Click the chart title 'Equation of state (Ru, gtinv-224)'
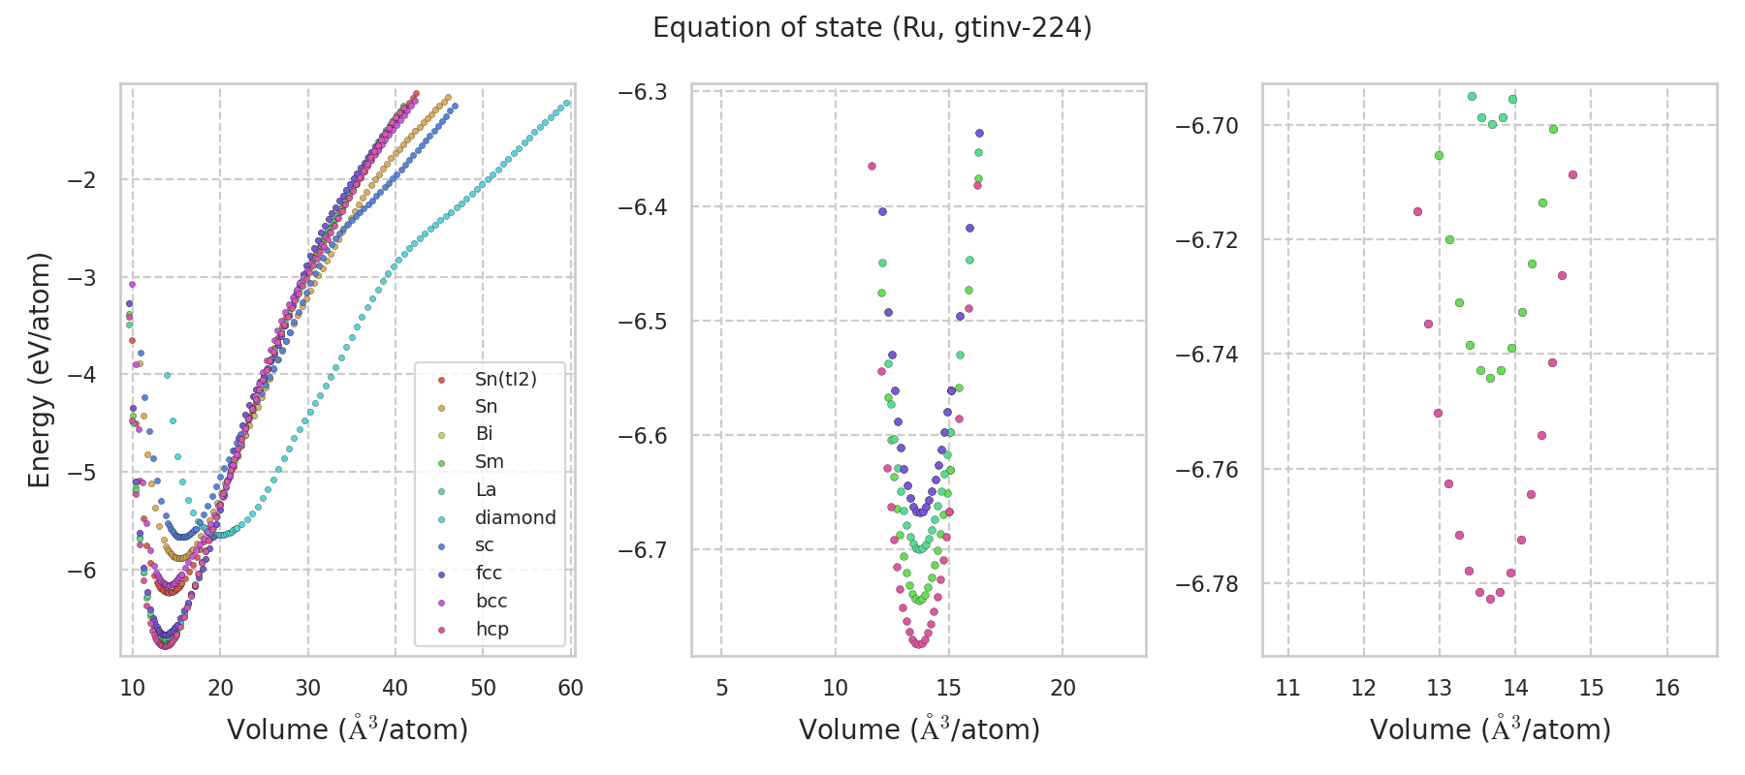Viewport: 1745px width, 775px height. [x=872, y=28]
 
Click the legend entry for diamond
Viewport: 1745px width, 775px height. [x=515, y=517]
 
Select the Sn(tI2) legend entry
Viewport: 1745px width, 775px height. [x=505, y=379]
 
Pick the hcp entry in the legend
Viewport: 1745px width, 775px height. [x=492, y=629]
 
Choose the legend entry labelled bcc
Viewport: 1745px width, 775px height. [x=492, y=601]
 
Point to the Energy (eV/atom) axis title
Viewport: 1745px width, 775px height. [x=39, y=370]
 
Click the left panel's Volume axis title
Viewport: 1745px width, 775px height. [x=347, y=729]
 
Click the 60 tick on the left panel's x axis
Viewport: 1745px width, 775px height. [x=571, y=688]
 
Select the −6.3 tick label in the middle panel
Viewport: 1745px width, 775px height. [x=643, y=92]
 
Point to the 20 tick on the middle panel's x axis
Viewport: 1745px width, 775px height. [x=1063, y=688]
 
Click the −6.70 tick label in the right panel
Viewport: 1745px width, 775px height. [x=1207, y=126]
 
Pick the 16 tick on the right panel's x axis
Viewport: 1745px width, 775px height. [x=1666, y=688]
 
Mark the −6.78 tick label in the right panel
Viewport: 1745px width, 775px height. [x=1207, y=584]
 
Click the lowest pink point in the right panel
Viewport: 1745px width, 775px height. [x=1490, y=599]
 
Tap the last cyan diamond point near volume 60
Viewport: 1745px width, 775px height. [x=567, y=103]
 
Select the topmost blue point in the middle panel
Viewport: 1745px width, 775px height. [x=979, y=133]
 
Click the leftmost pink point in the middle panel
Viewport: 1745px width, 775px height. [x=872, y=166]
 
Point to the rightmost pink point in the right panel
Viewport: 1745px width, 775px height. [x=1572, y=174]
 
